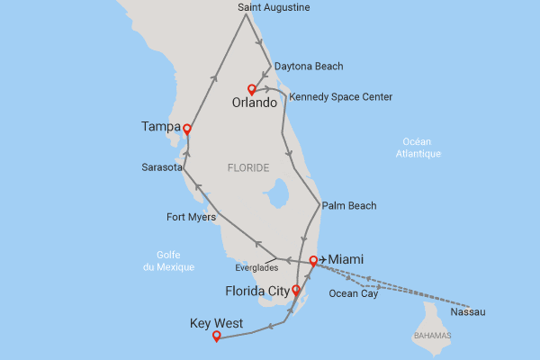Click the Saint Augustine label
(x=274, y=7)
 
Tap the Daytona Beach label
(x=309, y=67)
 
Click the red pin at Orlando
(x=252, y=89)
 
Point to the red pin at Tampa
(x=186, y=129)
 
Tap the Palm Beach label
(x=348, y=206)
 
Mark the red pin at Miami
(x=312, y=261)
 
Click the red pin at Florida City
(x=296, y=291)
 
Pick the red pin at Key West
(x=215, y=337)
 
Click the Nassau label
(x=466, y=312)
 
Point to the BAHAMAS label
(x=433, y=336)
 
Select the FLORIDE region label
(x=248, y=167)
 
